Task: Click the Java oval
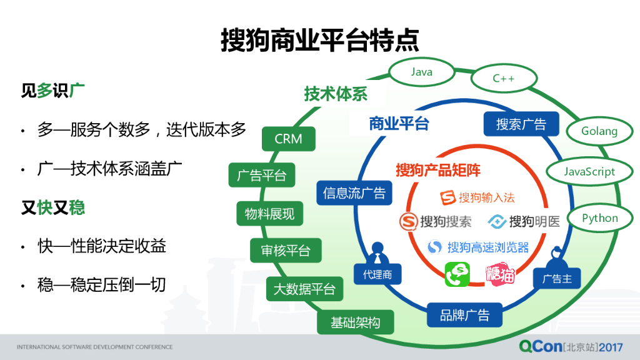pos(421,72)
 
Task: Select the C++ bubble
pos(503,79)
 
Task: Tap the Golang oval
pos(599,131)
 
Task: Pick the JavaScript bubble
pos(589,172)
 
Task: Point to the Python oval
pos(599,218)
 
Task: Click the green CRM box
pos(288,139)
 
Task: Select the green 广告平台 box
pos(261,176)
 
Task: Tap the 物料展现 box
pos(269,214)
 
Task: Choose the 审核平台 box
pos(285,251)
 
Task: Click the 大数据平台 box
pos(304,289)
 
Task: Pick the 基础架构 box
pos(354,322)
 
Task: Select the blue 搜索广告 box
pos(521,124)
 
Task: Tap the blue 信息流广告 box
pos(354,193)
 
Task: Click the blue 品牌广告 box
pos(464,315)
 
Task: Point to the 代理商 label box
pos(377,273)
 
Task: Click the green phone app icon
pos(457,274)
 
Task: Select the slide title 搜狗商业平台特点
pos(319,41)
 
